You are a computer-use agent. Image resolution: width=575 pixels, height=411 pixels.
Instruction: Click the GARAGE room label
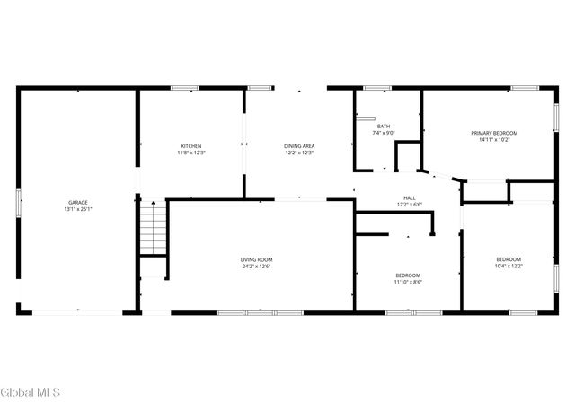pos(78,203)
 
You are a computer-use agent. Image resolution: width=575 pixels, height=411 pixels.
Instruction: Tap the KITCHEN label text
pos(191,146)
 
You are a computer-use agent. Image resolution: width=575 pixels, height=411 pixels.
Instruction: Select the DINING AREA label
pos(299,146)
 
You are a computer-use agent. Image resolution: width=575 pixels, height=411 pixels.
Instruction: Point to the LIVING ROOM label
pos(256,259)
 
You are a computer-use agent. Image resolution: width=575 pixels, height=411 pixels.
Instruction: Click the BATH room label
pos(384,127)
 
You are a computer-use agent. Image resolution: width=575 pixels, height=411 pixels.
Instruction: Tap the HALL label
pos(409,198)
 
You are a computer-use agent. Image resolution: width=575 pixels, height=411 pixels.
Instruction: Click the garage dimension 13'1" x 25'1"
pos(78,210)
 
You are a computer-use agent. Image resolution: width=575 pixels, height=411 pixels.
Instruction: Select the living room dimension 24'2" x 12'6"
pos(256,267)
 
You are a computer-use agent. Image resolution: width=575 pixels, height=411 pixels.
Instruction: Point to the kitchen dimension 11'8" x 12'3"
pos(191,153)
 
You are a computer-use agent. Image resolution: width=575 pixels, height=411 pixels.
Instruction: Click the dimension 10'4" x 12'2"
pos(509,267)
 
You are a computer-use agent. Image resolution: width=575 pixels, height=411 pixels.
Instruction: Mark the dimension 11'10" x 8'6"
pos(408,282)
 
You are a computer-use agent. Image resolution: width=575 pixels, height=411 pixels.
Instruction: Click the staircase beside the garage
pos(154,228)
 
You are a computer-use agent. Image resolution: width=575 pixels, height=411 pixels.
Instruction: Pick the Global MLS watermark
pos(31,393)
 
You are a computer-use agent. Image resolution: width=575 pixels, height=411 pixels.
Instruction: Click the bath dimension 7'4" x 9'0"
pos(384,134)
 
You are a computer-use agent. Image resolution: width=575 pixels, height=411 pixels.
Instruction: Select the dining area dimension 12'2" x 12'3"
pos(299,153)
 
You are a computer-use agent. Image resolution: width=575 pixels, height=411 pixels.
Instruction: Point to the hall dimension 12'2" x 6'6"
pos(409,205)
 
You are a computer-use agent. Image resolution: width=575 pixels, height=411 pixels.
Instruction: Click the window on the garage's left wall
pos(19,202)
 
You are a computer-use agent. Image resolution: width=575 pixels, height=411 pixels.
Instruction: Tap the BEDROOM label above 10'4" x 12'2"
pos(509,259)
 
